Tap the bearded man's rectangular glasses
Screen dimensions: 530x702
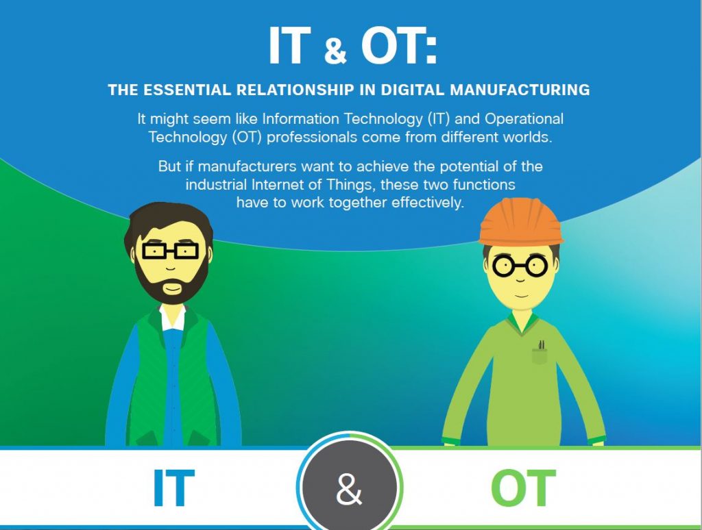[x=169, y=251]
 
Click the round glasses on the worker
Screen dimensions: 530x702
[x=519, y=267]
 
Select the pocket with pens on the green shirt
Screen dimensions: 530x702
[x=540, y=353]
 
